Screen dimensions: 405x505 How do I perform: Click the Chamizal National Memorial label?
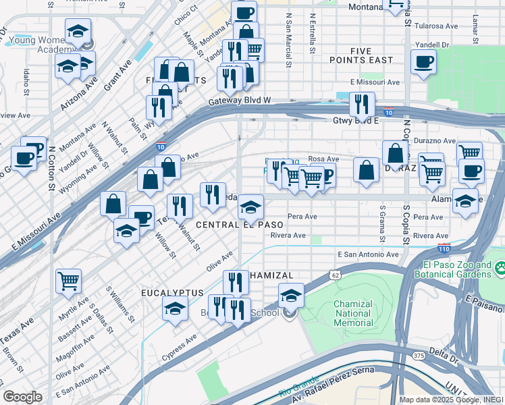[x=353, y=313]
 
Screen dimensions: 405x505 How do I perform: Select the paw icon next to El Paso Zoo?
[x=500, y=269]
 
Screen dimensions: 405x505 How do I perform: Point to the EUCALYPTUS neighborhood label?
[x=171, y=293]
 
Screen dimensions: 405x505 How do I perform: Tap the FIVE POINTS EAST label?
[x=371, y=55]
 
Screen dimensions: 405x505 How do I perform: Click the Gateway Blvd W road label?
[x=240, y=101]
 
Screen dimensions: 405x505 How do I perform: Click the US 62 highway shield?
[x=335, y=275]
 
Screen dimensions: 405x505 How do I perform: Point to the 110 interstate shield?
[x=444, y=248]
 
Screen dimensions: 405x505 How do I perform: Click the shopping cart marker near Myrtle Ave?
[x=68, y=279]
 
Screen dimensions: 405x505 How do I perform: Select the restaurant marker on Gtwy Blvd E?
[x=362, y=104]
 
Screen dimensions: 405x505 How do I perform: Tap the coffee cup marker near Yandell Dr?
[x=423, y=63]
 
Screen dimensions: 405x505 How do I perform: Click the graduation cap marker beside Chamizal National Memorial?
[x=291, y=295]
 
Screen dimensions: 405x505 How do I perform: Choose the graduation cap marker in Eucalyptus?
[x=175, y=308]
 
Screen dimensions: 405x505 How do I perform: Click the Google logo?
[x=23, y=397]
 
